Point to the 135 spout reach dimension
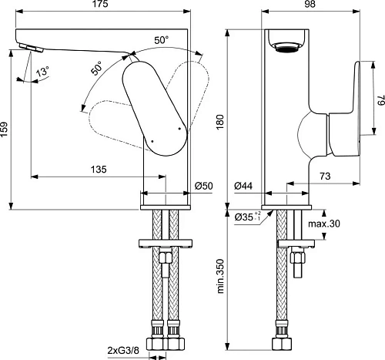(98, 169)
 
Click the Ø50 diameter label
(203, 186)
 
